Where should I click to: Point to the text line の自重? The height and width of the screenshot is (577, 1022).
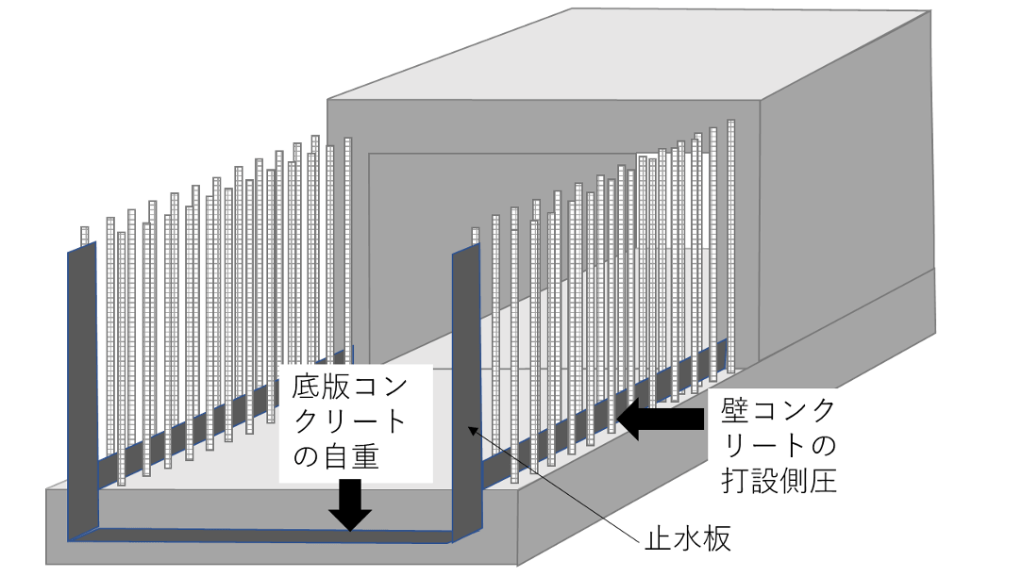[x=335, y=459]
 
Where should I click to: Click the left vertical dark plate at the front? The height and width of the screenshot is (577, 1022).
[x=83, y=396]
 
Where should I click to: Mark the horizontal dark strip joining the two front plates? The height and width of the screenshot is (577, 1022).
[x=264, y=536]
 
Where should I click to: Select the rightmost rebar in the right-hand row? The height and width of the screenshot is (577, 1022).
[x=730, y=236]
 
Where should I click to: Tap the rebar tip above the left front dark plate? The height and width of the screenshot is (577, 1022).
[x=84, y=234]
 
